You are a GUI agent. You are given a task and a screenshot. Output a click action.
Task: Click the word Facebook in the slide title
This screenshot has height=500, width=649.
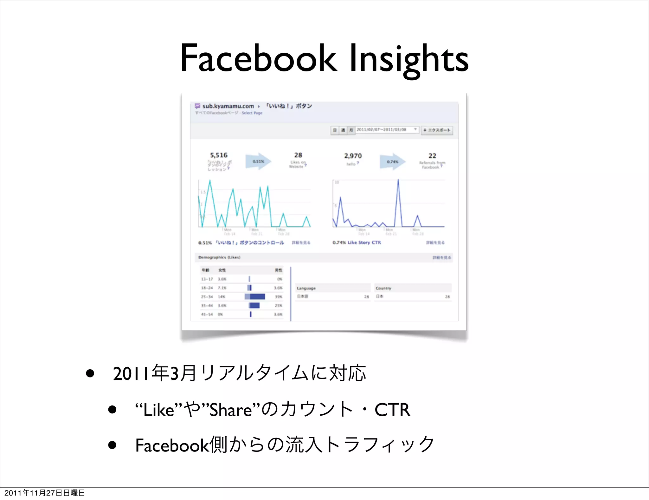click(259, 59)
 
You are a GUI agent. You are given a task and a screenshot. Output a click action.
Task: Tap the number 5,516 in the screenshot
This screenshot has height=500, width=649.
click(219, 155)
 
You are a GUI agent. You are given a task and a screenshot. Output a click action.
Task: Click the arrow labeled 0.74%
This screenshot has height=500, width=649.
click(392, 162)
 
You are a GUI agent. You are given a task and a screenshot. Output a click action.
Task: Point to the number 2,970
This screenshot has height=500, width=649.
click(353, 156)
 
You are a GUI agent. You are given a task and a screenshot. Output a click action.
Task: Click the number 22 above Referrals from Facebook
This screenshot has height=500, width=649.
click(432, 156)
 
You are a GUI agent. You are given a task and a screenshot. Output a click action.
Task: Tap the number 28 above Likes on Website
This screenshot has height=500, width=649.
click(298, 155)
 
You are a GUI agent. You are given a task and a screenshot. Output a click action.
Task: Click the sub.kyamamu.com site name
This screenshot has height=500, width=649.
click(228, 106)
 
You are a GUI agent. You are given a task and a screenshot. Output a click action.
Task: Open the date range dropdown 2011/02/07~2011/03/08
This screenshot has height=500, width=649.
click(387, 130)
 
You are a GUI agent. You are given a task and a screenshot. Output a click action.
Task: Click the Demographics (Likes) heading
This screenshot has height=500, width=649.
click(219, 257)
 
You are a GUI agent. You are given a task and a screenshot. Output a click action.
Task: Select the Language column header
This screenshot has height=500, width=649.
click(306, 288)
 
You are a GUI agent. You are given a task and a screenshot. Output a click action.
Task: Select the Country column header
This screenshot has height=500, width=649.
click(383, 288)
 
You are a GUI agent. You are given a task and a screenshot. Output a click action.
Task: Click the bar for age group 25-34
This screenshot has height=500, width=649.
click(255, 297)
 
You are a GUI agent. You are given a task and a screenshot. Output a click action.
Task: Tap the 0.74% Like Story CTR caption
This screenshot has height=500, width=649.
click(357, 242)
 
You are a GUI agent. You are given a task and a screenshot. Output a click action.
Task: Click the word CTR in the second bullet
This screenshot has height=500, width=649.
click(392, 410)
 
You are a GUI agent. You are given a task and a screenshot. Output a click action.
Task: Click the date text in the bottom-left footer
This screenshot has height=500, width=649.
click(45, 493)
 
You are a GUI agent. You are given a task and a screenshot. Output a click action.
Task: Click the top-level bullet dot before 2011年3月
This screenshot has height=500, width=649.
click(90, 373)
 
